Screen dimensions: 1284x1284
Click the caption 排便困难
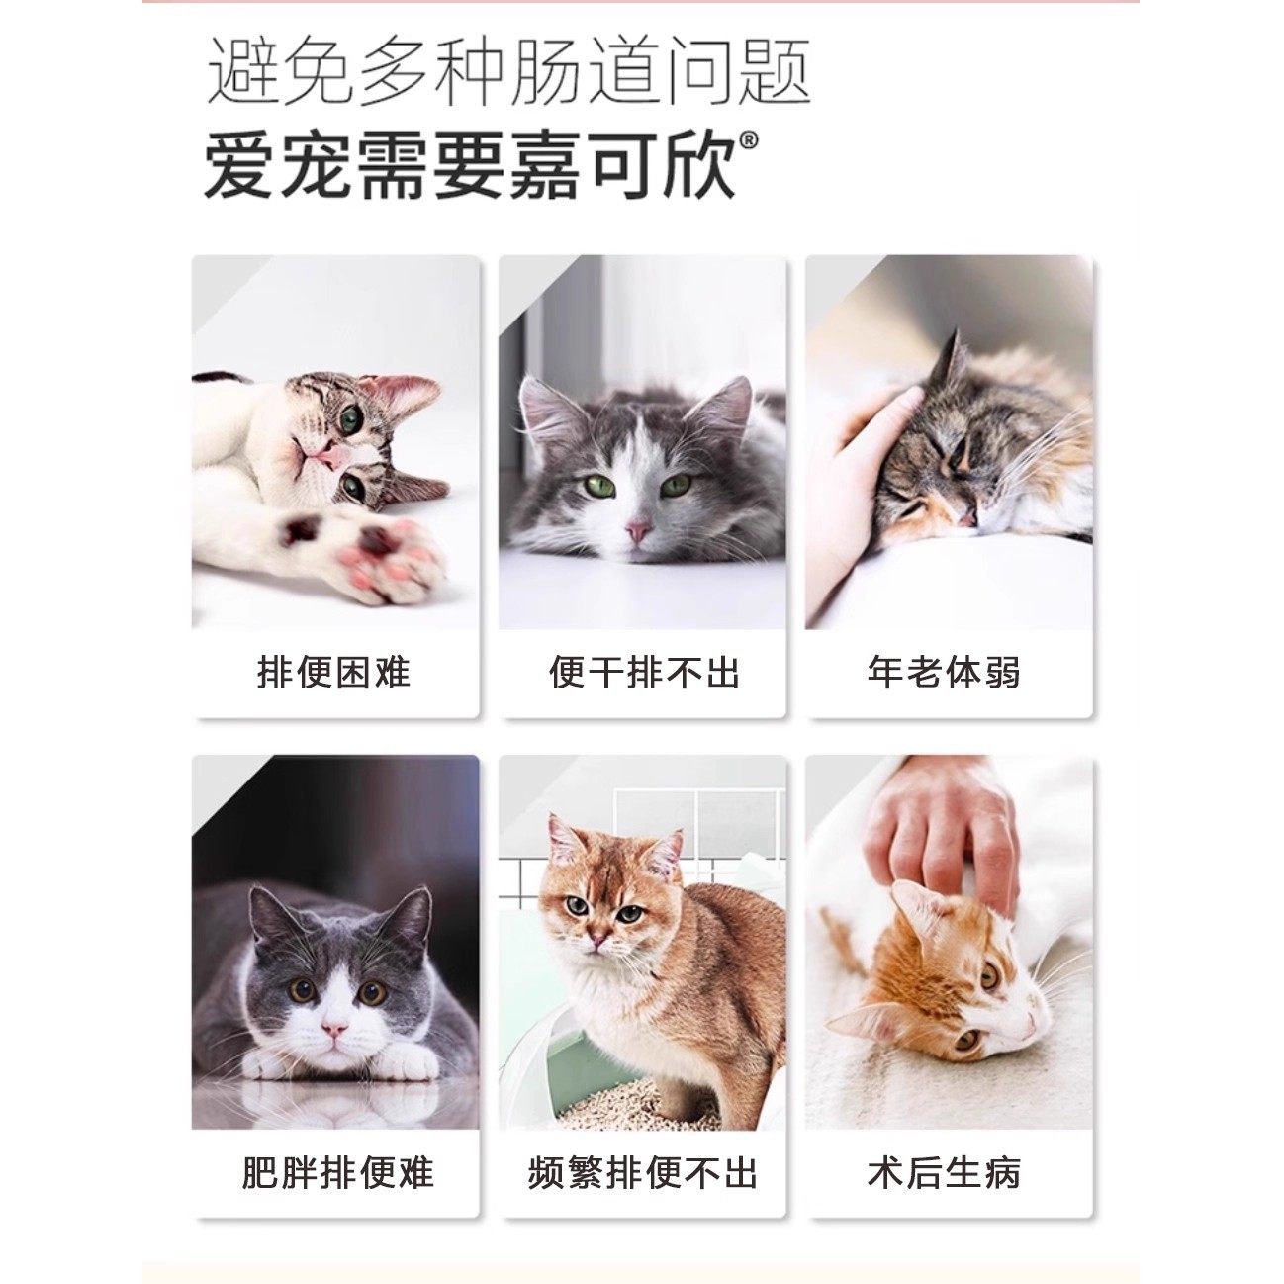click(333, 673)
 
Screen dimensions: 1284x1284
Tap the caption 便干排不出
click(644, 673)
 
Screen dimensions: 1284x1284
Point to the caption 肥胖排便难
click(337, 1173)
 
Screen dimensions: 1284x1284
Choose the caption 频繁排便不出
click(643, 1173)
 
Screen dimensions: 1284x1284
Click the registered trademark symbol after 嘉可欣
click(749, 142)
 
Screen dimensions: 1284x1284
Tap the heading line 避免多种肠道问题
click(508, 72)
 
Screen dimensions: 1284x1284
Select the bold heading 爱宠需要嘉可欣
click(471, 165)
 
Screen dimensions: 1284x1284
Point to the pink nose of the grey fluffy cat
click(639, 532)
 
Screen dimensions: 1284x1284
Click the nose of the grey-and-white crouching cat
click(334, 1031)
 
